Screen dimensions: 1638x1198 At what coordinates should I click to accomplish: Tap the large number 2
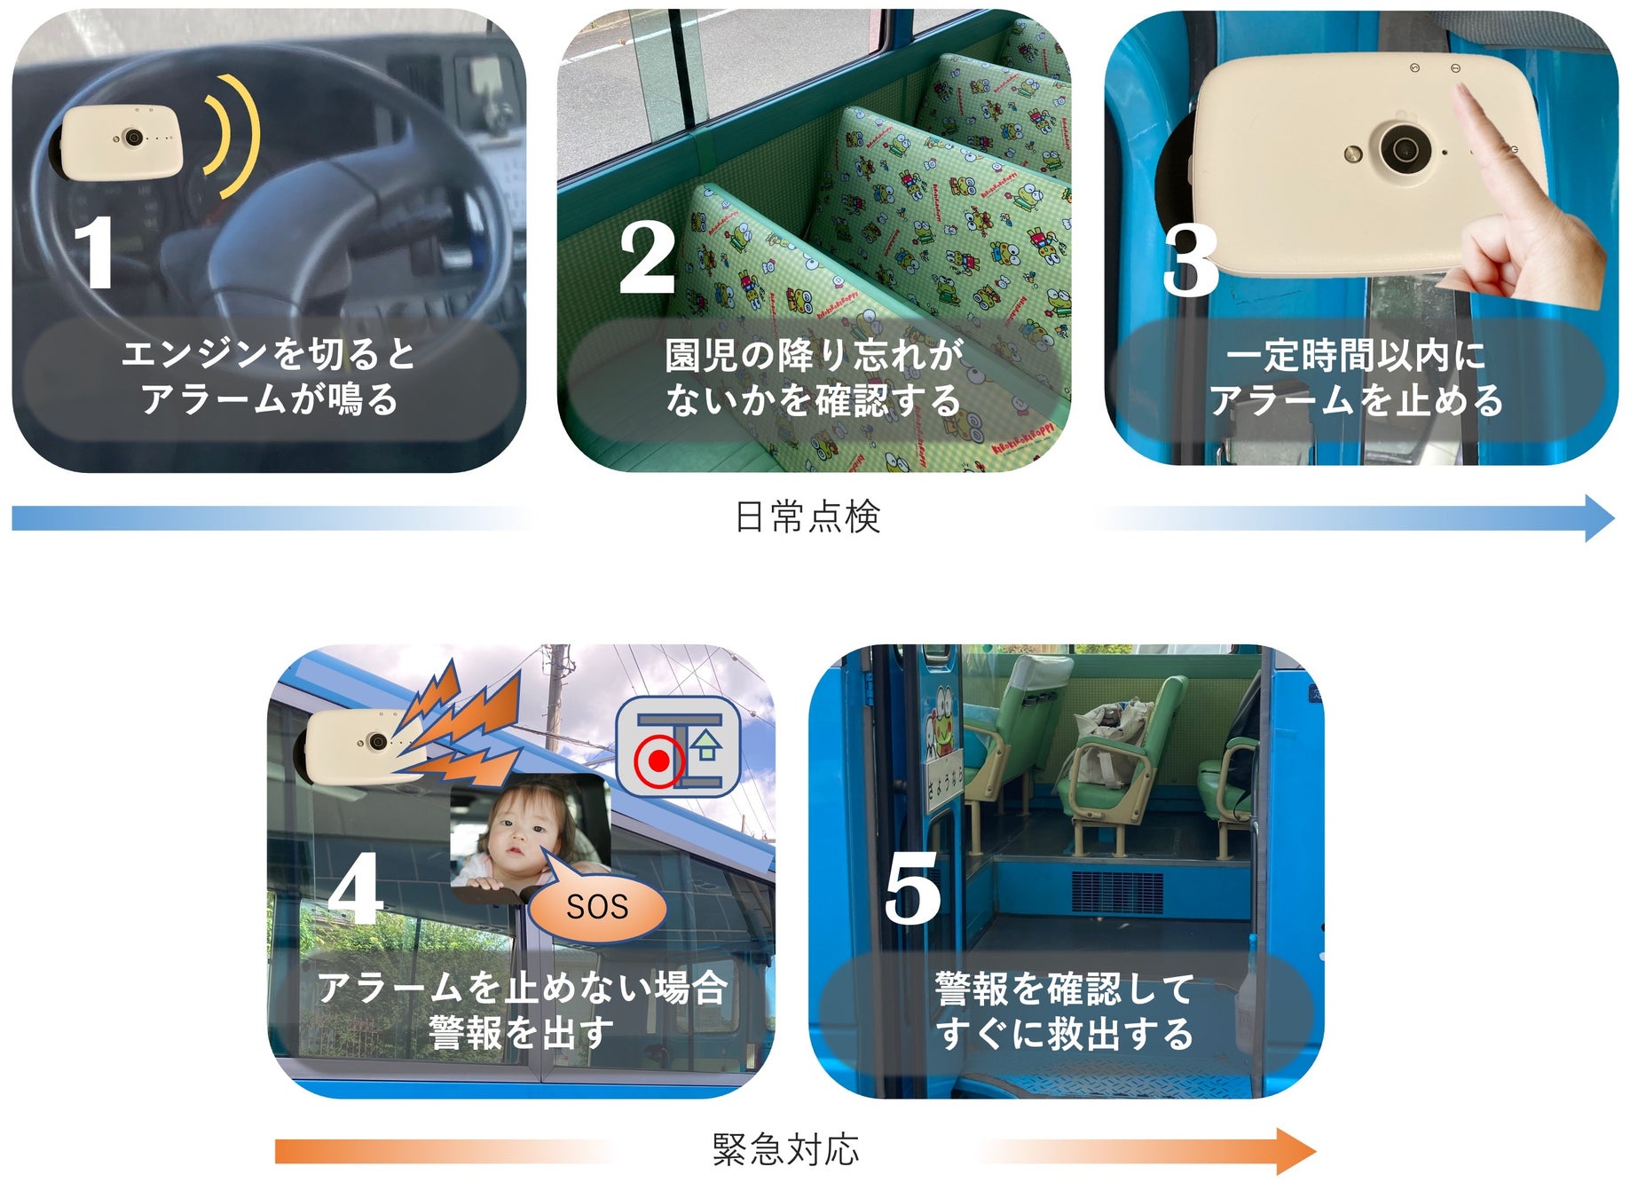tap(647, 256)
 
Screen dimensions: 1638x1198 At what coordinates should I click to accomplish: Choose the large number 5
tap(912, 887)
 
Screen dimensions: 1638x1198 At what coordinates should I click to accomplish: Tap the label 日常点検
tap(807, 517)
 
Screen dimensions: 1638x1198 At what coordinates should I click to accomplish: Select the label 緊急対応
tap(786, 1150)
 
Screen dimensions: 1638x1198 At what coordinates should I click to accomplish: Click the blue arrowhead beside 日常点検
tap(1599, 518)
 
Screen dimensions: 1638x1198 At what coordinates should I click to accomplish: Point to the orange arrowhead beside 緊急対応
tap(1296, 1151)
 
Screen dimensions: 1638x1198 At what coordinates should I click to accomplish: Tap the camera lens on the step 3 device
tap(1403, 148)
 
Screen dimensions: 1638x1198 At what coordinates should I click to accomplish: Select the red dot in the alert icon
tap(658, 761)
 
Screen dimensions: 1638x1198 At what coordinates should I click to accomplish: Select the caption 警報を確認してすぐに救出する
tap(1065, 1012)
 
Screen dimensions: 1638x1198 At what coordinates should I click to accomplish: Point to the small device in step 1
tap(122, 141)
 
